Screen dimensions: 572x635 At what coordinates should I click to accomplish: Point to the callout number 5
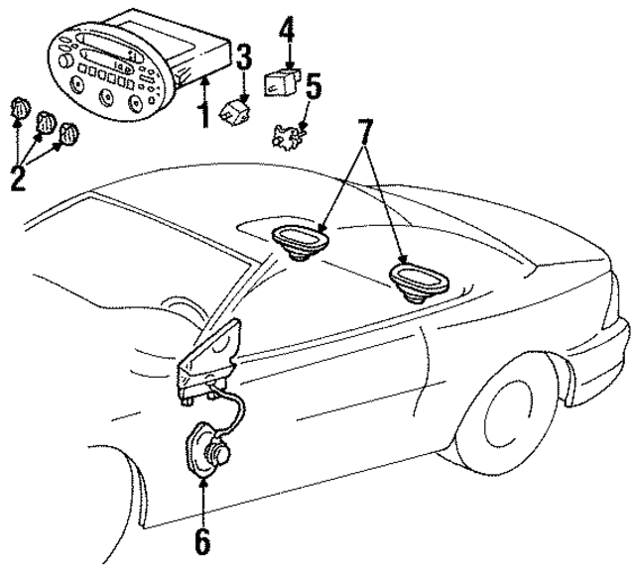click(313, 88)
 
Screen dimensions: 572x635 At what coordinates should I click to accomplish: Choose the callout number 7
click(366, 131)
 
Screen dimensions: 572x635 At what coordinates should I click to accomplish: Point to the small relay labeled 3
click(237, 105)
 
